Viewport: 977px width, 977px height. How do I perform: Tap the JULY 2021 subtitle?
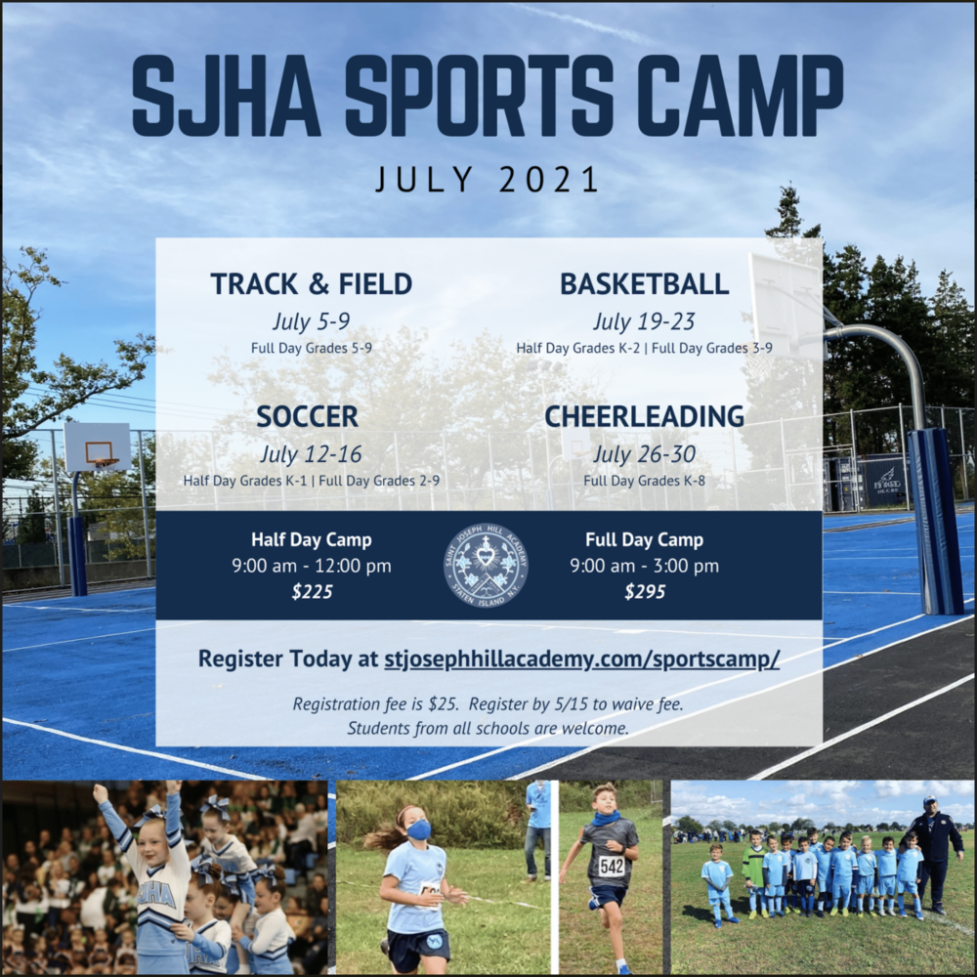tap(488, 180)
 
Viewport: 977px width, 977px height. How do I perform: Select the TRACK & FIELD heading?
tap(312, 284)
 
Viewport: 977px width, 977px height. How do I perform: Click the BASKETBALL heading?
tap(644, 284)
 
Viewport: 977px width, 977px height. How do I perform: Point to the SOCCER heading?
tap(308, 417)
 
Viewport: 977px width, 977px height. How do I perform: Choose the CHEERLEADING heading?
tap(644, 417)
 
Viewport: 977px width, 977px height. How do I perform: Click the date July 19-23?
tap(644, 321)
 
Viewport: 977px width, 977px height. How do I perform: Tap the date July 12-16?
tap(311, 454)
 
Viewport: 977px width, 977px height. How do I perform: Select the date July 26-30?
tap(644, 454)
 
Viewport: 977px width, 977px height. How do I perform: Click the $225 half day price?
tap(313, 591)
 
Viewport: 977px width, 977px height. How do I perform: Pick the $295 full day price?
tap(645, 591)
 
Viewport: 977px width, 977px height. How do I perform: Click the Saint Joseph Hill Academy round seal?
tap(486, 566)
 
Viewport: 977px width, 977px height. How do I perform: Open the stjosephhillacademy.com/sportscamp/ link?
tap(582, 658)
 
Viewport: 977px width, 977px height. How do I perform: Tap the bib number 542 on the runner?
tap(612, 865)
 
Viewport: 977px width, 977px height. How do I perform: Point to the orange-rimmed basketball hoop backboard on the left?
tap(97, 446)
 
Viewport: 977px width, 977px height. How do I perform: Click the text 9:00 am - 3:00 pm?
tap(644, 566)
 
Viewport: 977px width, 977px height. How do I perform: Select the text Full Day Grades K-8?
tap(644, 481)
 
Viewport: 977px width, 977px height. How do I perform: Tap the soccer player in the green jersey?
tap(755, 872)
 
